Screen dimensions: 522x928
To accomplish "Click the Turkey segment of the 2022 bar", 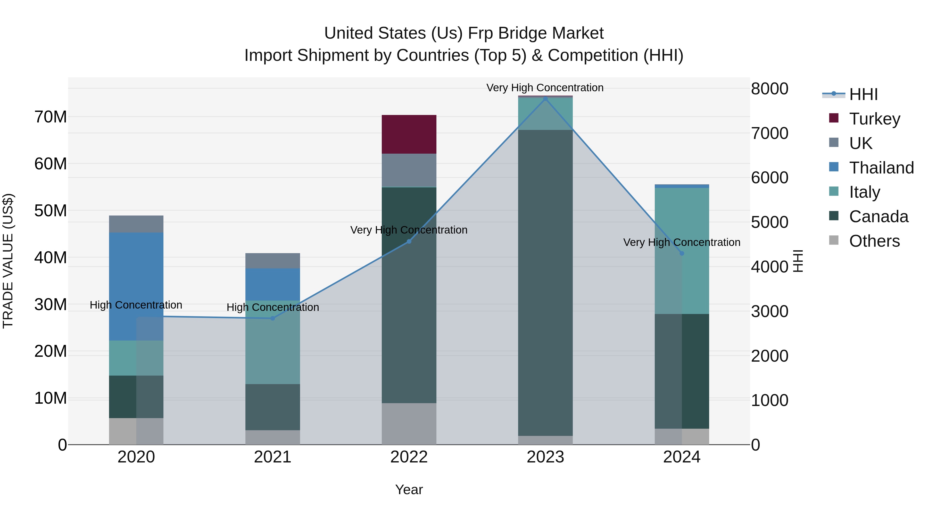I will coord(409,134).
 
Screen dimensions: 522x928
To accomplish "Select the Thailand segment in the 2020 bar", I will coord(136,286).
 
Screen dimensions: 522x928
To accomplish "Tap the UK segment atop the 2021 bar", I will coord(273,260).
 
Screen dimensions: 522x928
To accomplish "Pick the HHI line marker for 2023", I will coord(545,99).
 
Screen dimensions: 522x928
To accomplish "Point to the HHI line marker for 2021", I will coord(273,318).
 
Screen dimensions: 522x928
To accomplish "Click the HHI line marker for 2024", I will coord(682,253).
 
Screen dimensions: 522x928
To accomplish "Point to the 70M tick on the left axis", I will coord(51,117).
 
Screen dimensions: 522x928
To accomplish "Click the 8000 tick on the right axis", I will coord(769,89).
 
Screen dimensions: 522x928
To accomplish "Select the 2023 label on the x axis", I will coord(545,457).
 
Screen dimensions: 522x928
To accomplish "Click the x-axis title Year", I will coord(409,490).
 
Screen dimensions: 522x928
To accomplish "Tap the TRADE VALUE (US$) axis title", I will coord(8,261).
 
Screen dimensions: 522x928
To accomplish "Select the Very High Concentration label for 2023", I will coord(545,88).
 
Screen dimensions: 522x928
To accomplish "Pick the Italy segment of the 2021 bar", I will coord(273,342).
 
